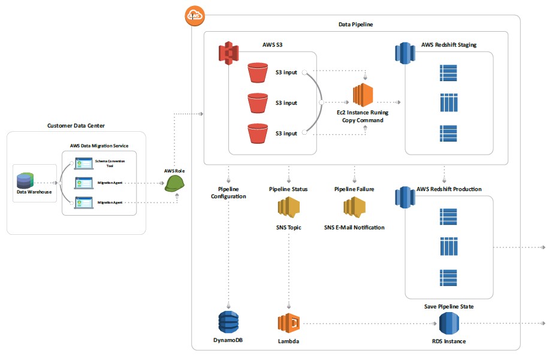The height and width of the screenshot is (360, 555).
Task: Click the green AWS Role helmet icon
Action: click(x=174, y=183)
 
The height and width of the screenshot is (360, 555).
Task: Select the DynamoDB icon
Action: click(x=228, y=323)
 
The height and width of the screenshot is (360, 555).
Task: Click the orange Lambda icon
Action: click(x=288, y=323)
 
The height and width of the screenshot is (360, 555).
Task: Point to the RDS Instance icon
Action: click(x=449, y=324)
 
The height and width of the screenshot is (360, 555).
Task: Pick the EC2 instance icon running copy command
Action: click(x=363, y=95)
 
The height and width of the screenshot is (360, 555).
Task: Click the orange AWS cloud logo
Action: click(x=195, y=16)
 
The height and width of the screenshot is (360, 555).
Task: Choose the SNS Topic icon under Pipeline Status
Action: click(x=288, y=208)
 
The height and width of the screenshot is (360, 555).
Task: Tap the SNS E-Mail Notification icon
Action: click(x=354, y=208)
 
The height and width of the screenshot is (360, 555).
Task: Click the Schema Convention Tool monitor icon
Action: click(x=83, y=164)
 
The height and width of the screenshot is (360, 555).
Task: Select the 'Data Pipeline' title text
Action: click(x=356, y=25)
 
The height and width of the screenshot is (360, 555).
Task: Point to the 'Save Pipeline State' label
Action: click(x=449, y=307)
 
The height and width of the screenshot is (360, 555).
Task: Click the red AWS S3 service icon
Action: click(x=228, y=53)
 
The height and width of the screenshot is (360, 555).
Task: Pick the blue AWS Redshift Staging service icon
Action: click(x=404, y=53)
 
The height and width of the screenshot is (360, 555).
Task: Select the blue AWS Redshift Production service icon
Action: click(x=404, y=198)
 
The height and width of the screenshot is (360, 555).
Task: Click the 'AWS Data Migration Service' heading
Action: click(x=99, y=146)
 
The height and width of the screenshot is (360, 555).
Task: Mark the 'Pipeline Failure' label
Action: click(x=354, y=189)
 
